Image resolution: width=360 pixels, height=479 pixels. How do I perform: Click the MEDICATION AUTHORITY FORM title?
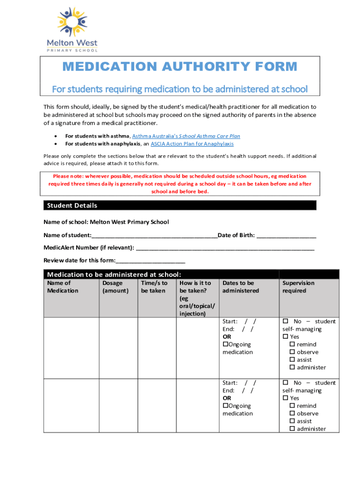pyautogui.click(x=180, y=66)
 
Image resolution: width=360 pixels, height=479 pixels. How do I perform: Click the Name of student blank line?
pyautogui.click(x=154, y=235)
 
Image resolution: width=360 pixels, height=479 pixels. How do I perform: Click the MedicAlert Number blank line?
pyautogui.click(x=225, y=247)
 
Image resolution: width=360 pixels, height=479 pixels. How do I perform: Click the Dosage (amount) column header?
pyautogui.click(x=115, y=287)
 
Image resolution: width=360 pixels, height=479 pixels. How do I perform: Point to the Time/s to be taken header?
pyautogui.click(x=154, y=287)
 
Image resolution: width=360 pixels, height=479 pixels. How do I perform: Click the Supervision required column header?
pyautogui.click(x=298, y=287)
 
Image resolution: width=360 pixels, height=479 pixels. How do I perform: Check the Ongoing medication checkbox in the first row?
pyautogui.click(x=225, y=344)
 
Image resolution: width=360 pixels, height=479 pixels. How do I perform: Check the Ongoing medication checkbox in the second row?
pyautogui.click(x=225, y=406)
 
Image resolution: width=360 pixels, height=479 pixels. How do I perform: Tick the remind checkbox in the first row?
pyautogui.click(x=292, y=344)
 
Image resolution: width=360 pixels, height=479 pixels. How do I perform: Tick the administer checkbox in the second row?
pyautogui.click(x=292, y=429)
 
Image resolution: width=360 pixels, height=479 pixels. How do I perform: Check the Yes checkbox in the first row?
pyautogui.click(x=285, y=337)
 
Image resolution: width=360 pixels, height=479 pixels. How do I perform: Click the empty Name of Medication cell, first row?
pyautogui.click(x=72, y=348)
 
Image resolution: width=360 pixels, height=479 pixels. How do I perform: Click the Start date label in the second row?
pyautogui.click(x=230, y=383)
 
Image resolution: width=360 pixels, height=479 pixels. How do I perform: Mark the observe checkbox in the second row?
pyautogui.click(x=292, y=414)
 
